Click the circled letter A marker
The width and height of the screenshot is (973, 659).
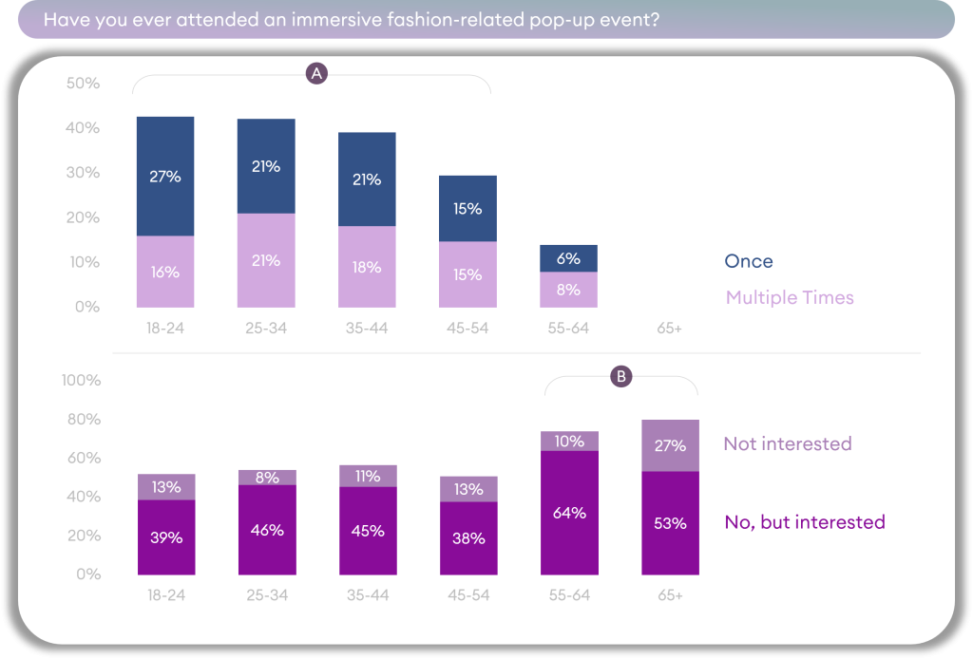316,74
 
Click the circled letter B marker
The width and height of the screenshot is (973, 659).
620,376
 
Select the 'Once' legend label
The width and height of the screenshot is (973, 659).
748,261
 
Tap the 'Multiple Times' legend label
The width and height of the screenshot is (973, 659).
789,297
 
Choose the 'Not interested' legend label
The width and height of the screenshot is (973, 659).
787,443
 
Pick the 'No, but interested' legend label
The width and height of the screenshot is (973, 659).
804,521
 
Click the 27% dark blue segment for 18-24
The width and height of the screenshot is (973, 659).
165,177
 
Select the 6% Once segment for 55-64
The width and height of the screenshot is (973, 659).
568,258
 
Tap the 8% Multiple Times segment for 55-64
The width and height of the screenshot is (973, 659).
568,290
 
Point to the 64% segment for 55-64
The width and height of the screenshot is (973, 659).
568,513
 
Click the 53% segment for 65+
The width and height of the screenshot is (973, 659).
670,523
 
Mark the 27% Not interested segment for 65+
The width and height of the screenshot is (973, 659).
670,445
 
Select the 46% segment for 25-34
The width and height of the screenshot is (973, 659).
266,530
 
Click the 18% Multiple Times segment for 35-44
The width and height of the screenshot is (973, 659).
367,267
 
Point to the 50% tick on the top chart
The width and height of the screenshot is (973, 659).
83,84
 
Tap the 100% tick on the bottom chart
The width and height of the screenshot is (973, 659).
81,381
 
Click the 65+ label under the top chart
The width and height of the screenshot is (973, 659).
669,329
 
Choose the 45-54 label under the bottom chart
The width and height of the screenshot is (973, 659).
467,595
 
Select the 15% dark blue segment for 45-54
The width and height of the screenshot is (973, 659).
467,208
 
